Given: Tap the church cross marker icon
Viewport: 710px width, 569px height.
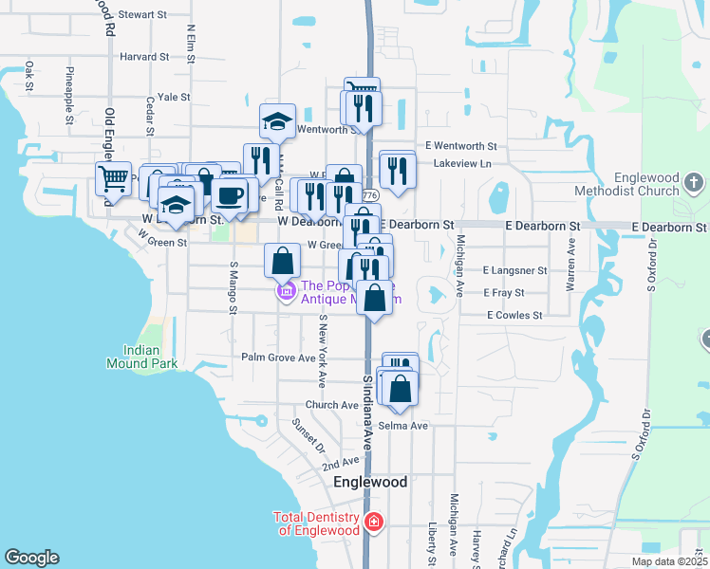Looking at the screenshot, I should (694, 181).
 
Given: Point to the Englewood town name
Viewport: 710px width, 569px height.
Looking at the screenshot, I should (370, 482).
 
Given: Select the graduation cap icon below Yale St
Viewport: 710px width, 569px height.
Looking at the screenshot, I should (277, 121).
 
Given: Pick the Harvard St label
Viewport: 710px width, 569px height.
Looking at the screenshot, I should (144, 56).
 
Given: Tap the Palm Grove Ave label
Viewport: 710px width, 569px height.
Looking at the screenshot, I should (278, 358).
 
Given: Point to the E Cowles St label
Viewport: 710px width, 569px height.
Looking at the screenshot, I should (514, 315).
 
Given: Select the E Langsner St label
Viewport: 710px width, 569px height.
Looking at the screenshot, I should (515, 270).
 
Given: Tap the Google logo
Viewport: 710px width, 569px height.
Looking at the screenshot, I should (32, 558).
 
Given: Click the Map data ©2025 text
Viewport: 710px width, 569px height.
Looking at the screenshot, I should (669, 561).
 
